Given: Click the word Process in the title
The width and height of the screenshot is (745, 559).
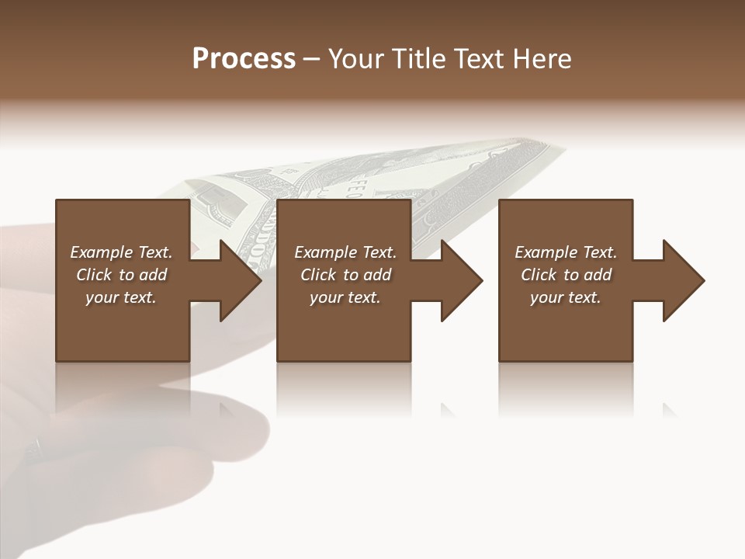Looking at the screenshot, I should [244, 59].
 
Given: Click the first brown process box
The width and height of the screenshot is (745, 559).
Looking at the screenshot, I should [123, 326].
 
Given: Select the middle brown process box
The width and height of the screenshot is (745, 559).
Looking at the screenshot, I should [344, 326].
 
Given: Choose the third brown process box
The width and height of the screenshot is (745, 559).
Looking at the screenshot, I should [566, 326].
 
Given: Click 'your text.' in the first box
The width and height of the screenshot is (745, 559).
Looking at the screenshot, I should [121, 297].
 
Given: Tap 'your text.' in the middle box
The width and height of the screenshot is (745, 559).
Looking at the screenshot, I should [345, 297].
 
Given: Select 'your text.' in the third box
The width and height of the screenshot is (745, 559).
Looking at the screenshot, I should [566, 297].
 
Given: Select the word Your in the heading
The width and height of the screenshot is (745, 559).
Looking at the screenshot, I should [353, 59].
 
